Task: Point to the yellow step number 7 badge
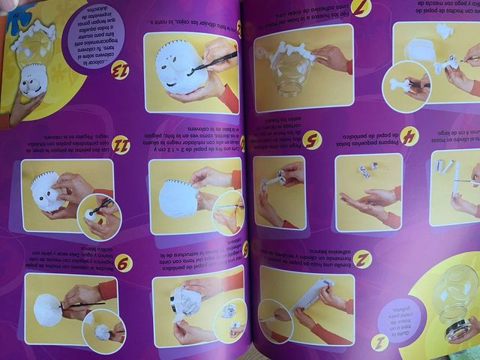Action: [x=361, y=8]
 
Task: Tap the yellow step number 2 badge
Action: [x=362, y=259]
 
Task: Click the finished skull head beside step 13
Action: [x=31, y=78]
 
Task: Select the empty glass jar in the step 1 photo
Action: [x=449, y=297]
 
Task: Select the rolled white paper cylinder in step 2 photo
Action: [x=307, y=297]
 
